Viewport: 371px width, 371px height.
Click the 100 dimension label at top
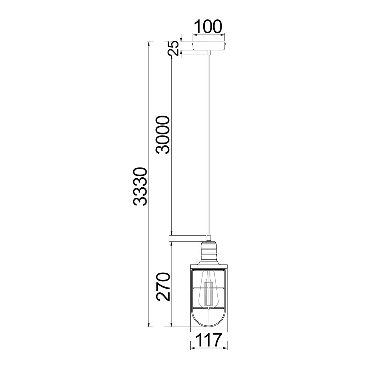pyautogui.click(x=208, y=26)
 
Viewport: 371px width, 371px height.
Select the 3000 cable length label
pyautogui.click(x=163, y=135)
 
